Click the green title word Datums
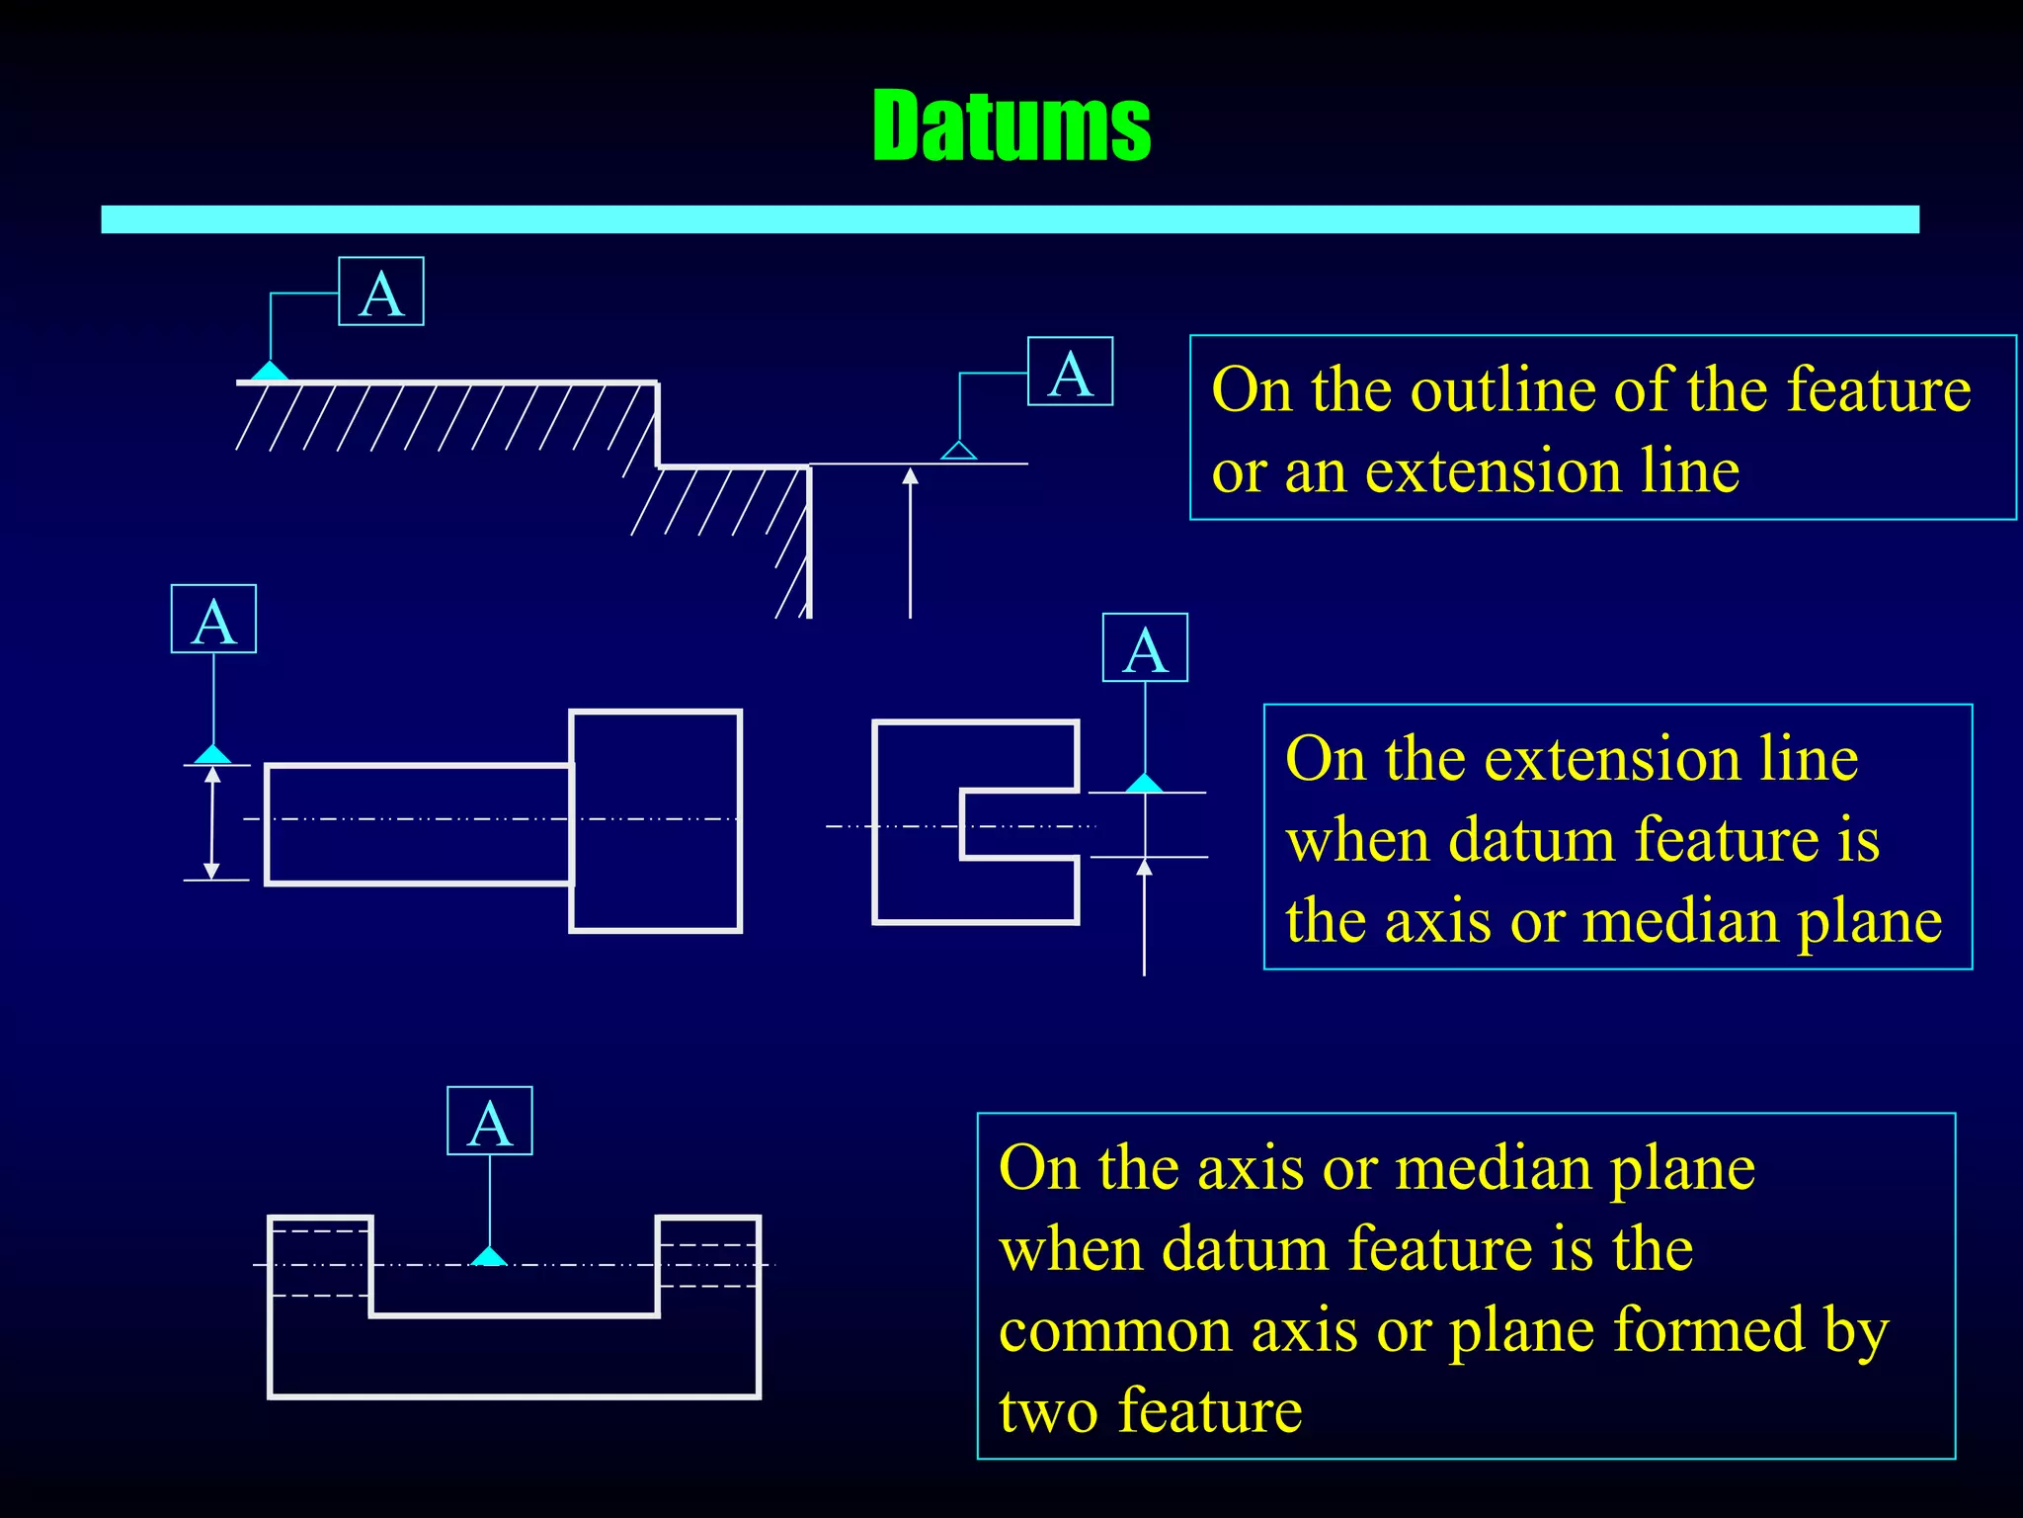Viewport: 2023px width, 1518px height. point(1011,126)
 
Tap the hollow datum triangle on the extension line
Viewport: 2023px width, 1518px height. point(958,451)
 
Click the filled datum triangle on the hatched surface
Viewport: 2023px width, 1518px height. point(269,372)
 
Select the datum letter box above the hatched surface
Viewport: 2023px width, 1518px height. point(381,292)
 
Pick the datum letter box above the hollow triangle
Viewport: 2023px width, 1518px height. point(1070,372)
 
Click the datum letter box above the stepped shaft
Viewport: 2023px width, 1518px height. point(213,620)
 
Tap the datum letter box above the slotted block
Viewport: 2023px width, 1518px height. point(1145,648)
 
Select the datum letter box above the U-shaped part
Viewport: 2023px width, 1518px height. point(490,1122)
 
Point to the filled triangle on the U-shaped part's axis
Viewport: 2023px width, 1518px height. point(489,1256)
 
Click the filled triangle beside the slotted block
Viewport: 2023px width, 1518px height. point(1144,784)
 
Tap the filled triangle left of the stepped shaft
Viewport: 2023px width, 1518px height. point(212,755)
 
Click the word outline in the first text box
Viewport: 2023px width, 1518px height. point(1503,390)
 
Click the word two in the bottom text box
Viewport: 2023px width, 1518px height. point(1049,1412)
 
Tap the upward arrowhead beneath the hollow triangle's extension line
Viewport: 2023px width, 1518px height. point(911,476)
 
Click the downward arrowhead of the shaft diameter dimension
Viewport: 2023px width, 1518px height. point(211,870)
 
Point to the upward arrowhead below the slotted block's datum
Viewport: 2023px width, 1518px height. point(1144,868)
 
